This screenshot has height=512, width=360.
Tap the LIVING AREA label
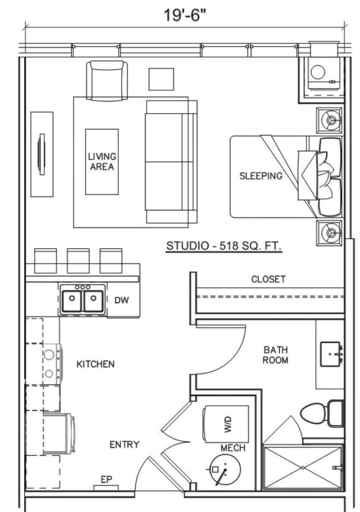point(102,161)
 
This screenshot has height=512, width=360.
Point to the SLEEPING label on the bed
point(261,176)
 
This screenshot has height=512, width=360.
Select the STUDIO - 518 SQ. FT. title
point(224,245)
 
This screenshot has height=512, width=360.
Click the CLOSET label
point(268,279)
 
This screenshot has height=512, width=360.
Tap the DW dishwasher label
point(121,300)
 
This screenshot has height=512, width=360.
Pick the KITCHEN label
point(95,364)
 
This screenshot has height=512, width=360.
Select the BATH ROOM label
point(276,355)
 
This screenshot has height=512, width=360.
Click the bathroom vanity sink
point(331,354)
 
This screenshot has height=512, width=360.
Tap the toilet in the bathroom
point(322,413)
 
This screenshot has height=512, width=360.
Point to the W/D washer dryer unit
point(226,424)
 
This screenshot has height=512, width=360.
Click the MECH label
point(232,448)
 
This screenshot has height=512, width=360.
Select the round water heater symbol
point(225,469)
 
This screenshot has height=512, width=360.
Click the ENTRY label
point(124,445)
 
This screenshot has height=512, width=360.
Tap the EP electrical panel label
point(106,479)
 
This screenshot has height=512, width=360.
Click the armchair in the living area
point(107,80)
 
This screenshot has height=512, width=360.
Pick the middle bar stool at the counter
point(78,260)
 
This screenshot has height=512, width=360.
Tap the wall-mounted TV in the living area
point(42,154)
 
